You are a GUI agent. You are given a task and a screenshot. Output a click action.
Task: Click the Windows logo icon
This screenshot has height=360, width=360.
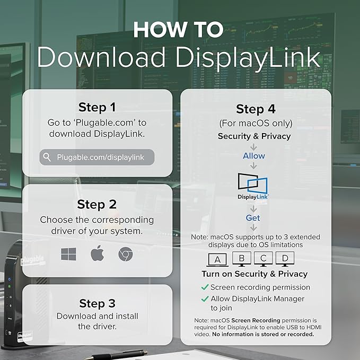point(68,254)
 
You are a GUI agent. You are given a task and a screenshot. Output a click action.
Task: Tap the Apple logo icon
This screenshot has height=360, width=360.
point(98,253)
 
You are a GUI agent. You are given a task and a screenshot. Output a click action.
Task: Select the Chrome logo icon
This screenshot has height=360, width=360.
point(125,254)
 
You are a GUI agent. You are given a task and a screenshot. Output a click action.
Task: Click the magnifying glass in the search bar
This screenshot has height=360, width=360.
point(47,157)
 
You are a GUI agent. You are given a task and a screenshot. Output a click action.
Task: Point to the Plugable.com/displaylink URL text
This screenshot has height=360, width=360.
point(101,157)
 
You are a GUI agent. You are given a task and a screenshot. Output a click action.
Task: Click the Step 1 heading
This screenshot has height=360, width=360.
point(97,107)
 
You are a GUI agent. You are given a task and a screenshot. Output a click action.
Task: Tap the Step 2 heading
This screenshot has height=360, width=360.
point(97,204)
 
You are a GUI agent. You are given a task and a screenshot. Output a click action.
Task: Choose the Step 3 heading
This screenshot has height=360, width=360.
point(97,303)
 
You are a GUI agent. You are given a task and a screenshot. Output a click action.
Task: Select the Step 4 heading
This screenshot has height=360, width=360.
point(256,109)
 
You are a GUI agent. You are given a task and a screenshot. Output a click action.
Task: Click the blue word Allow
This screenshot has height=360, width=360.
point(254,156)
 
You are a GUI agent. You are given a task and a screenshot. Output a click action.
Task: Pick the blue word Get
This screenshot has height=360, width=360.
point(253,218)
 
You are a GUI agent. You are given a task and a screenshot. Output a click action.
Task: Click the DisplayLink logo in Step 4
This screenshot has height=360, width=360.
point(253,187)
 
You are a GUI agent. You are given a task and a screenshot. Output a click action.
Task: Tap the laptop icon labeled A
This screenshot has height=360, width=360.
point(217,260)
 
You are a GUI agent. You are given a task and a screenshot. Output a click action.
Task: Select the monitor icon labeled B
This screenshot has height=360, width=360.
point(242,259)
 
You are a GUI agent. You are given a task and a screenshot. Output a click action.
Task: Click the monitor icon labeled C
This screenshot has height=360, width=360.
point(264,259)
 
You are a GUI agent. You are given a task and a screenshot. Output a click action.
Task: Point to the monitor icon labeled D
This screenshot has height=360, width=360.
point(285,259)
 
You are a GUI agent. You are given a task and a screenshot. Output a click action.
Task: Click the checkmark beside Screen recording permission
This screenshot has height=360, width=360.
point(205,287)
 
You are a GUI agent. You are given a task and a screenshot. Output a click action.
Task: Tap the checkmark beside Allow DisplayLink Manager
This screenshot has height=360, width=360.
point(205,298)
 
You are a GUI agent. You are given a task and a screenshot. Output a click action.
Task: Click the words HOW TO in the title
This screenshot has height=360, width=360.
point(178,29)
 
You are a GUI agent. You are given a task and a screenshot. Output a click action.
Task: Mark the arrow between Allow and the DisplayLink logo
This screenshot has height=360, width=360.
point(253,165)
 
